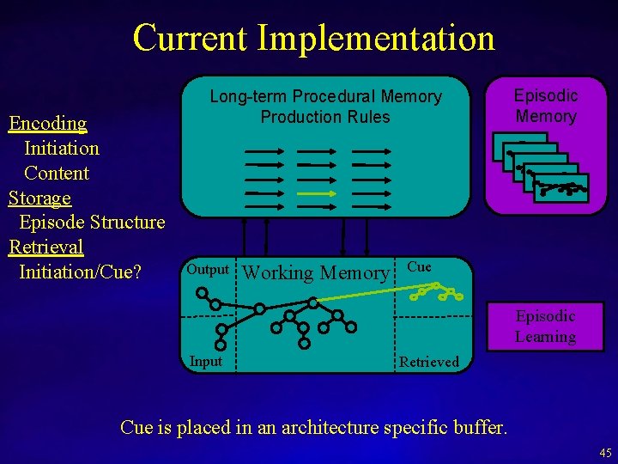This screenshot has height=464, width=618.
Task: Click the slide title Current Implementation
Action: point(313,38)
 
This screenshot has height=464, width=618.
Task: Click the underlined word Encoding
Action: point(48,124)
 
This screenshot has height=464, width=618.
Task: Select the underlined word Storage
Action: point(39,198)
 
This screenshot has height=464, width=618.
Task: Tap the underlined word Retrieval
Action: point(45,247)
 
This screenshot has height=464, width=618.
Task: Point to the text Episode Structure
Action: point(92,223)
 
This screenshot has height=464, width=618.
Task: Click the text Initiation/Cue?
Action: point(80,272)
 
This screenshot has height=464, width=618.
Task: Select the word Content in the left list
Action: point(57,173)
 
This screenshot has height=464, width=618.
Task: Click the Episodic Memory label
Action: point(546,106)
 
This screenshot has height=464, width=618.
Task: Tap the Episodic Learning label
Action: point(545,327)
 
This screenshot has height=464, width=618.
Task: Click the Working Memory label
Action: point(316,273)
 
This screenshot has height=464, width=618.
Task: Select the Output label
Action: point(208,269)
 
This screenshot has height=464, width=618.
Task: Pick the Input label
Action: point(205,361)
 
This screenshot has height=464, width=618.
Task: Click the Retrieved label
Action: point(429,362)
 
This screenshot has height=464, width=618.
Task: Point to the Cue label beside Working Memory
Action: point(419,266)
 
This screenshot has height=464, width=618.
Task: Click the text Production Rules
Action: point(325,117)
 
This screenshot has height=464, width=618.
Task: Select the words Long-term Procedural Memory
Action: point(325,96)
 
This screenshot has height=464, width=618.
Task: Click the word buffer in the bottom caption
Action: point(477,427)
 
